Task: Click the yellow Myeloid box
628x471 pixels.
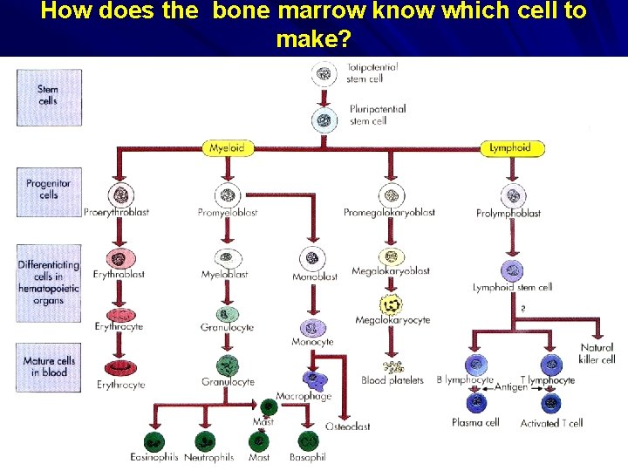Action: pos(226,148)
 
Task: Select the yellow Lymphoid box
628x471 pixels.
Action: pos(512,148)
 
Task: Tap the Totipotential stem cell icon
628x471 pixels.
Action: pos(324,75)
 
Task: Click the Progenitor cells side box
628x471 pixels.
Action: pos(49,190)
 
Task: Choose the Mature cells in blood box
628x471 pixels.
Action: pos(49,366)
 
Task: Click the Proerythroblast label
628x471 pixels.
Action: pos(117,212)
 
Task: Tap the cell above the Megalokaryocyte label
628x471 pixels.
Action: pos(391,304)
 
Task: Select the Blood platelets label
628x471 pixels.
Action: pos(392,380)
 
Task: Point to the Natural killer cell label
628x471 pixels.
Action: pos(597,353)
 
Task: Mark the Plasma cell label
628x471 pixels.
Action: pos(475,423)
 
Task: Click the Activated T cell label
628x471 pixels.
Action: pos(552,423)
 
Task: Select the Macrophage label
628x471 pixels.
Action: pos(304,397)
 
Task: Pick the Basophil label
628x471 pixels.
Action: pos(308,457)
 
